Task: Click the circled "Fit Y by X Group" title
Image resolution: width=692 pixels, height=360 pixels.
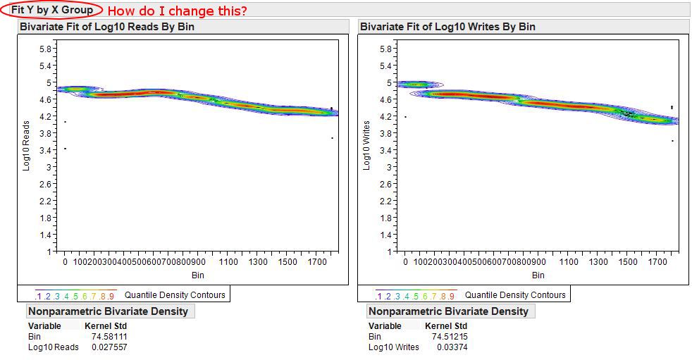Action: tap(51, 10)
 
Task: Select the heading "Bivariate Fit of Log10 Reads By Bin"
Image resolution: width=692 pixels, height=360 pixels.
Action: tap(107, 27)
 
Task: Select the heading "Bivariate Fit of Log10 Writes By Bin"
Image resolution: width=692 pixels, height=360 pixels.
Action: tap(447, 27)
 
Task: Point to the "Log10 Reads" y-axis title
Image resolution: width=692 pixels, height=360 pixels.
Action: tap(26, 145)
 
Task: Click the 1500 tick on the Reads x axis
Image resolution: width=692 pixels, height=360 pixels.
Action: tap(288, 262)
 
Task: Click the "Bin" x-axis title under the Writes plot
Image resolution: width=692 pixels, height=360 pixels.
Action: tap(538, 275)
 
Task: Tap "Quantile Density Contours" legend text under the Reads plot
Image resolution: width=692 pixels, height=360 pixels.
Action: tap(175, 294)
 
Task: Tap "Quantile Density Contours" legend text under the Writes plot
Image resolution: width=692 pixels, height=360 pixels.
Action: tap(515, 294)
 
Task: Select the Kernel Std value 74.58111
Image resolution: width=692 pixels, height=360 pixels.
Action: tap(109, 337)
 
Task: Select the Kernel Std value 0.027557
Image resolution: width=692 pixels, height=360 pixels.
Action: tap(109, 347)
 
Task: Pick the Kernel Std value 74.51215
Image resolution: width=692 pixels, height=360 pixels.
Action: tap(450, 337)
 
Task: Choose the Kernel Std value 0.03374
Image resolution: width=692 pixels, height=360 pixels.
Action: tap(452, 347)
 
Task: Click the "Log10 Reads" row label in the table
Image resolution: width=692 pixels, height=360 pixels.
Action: tap(53, 347)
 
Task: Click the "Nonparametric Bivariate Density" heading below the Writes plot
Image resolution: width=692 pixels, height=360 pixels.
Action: tap(448, 311)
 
